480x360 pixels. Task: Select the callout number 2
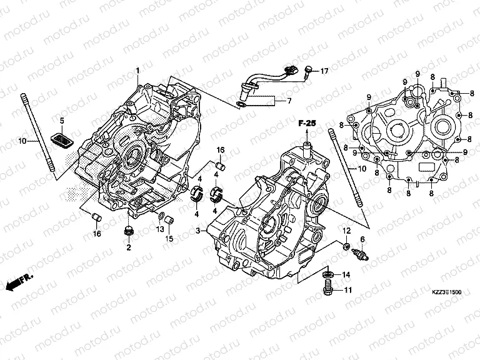pos(128,248)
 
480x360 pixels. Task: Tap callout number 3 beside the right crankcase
pos(197,231)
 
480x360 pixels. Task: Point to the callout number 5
pos(62,120)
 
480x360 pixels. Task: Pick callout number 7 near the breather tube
pos(288,100)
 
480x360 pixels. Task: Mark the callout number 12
pos(344,231)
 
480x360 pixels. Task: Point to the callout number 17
pos(324,72)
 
